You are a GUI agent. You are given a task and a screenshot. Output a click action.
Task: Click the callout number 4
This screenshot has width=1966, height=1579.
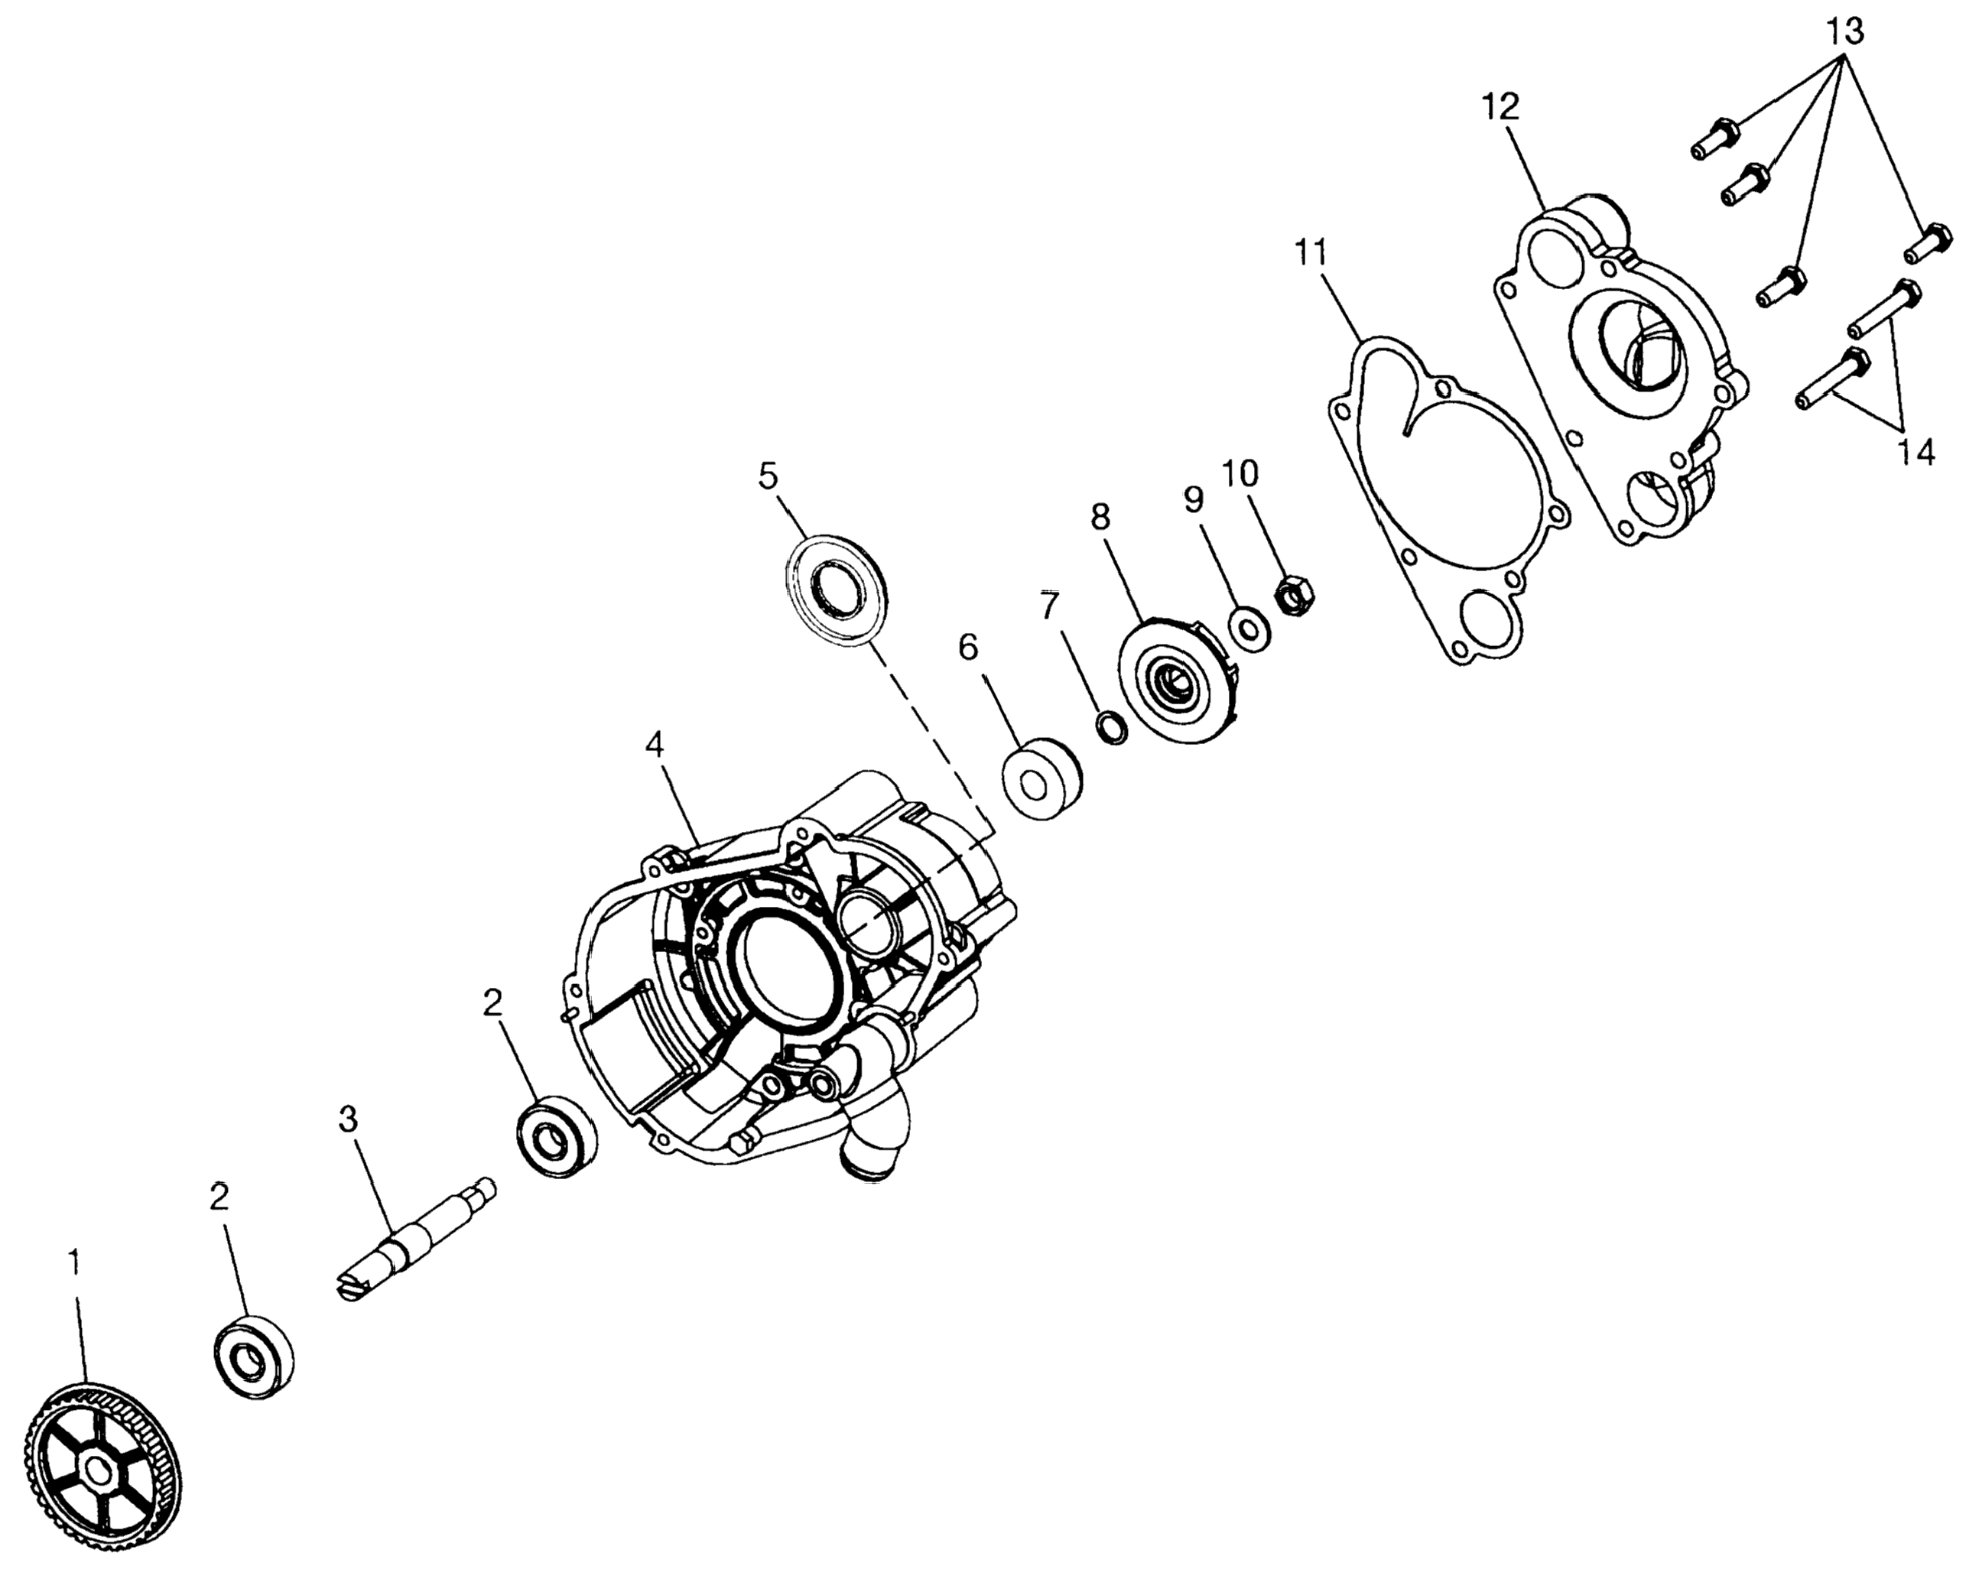click(x=654, y=745)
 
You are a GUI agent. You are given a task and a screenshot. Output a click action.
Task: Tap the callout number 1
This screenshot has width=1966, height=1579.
click(x=75, y=1262)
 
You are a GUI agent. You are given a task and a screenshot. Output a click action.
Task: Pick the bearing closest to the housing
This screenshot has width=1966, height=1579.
click(x=555, y=1136)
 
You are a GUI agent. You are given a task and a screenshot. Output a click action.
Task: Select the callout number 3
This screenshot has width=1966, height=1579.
click(x=349, y=1120)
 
